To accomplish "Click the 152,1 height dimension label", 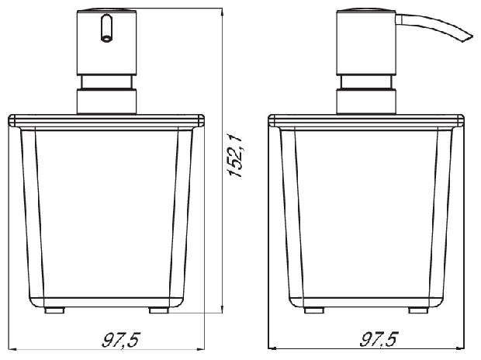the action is click(236, 156).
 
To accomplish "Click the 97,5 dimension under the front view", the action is click(121, 340).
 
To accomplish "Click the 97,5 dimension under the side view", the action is click(379, 339).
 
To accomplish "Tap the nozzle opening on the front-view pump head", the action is click(106, 39).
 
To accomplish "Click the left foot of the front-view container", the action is click(54, 310).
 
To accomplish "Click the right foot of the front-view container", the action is click(159, 310).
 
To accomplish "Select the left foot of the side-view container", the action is click(314, 310).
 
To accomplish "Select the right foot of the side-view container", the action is click(418, 310).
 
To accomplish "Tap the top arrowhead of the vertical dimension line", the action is click(222, 12).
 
